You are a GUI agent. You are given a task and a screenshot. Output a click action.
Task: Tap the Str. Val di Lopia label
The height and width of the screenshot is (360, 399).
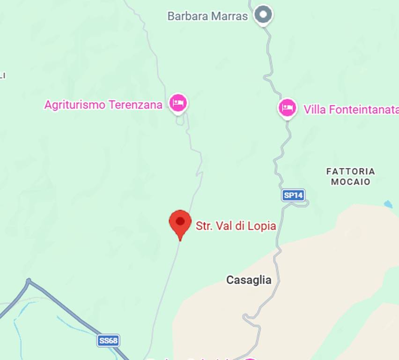[x=236, y=226]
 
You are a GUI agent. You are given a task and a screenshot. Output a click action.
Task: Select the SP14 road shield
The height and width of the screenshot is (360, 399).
[x=293, y=195]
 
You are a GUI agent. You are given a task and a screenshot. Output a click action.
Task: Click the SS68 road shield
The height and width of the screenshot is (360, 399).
[x=108, y=340]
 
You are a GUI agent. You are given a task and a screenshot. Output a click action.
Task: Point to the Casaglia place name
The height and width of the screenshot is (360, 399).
[x=249, y=280]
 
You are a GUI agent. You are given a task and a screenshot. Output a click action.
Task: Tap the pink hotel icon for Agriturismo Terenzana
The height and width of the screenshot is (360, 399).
[x=178, y=102]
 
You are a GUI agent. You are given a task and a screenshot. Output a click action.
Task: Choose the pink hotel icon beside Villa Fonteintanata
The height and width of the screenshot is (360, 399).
[x=287, y=108]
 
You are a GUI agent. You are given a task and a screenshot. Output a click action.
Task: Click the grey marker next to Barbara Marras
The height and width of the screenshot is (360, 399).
[x=263, y=15]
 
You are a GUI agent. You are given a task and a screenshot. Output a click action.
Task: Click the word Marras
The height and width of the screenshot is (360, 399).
[x=229, y=16]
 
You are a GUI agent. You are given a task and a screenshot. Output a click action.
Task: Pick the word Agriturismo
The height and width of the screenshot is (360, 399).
[x=75, y=105]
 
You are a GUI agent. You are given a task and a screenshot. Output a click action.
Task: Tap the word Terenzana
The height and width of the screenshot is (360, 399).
[x=135, y=105]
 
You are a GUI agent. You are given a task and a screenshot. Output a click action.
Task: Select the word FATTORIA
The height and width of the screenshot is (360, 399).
[x=351, y=172]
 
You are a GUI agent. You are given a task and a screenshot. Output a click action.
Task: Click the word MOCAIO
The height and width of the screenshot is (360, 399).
[x=351, y=182]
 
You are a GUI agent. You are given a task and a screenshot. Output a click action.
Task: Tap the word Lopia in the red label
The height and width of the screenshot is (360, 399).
[x=263, y=226]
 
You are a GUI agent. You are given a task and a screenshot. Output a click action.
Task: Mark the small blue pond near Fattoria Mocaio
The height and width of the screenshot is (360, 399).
[x=388, y=204]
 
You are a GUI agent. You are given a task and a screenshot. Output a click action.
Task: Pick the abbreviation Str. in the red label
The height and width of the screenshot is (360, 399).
[x=204, y=226]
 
